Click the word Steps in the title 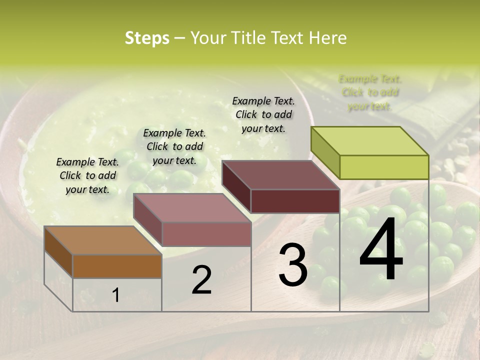pyautogui.click(x=147, y=38)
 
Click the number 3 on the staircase pyautogui.click(x=293, y=265)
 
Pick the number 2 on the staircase pyautogui.click(x=201, y=280)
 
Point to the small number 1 pyautogui.click(x=116, y=295)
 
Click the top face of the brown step pyautogui.click(x=102, y=240)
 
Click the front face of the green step pyautogui.click(x=384, y=167)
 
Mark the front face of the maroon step pyautogui.click(x=295, y=201)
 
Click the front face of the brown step pyautogui.click(x=117, y=266)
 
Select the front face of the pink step pyautogui.click(x=206, y=234)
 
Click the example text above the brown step pyautogui.click(x=87, y=175)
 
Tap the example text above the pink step pyautogui.click(x=174, y=146)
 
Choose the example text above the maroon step pyautogui.click(x=263, y=114)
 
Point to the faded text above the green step pyautogui.click(x=370, y=92)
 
